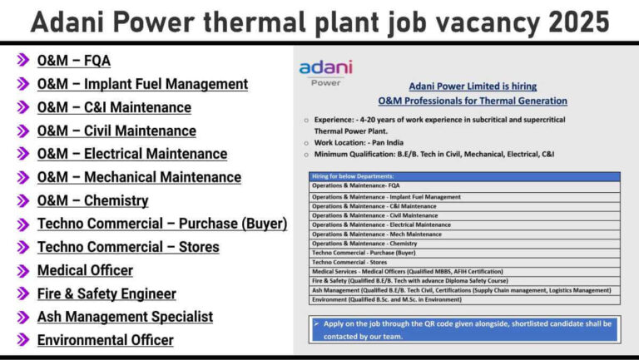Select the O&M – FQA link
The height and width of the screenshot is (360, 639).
click(74, 61)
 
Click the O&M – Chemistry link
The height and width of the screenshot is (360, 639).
click(93, 200)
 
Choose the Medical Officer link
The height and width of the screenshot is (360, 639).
click(85, 270)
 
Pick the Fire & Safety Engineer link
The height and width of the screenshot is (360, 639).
click(106, 294)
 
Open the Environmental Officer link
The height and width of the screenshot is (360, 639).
click(106, 340)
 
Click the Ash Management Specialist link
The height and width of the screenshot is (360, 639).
click(125, 317)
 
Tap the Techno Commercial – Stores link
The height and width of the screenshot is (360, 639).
click(128, 247)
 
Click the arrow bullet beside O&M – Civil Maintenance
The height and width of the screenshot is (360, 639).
click(22, 131)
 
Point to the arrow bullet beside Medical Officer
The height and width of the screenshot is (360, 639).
click(22, 270)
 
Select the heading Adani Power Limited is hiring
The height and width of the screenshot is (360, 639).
click(473, 86)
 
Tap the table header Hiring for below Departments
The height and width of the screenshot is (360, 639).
click(353, 176)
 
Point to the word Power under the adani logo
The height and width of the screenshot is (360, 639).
click(325, 82)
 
